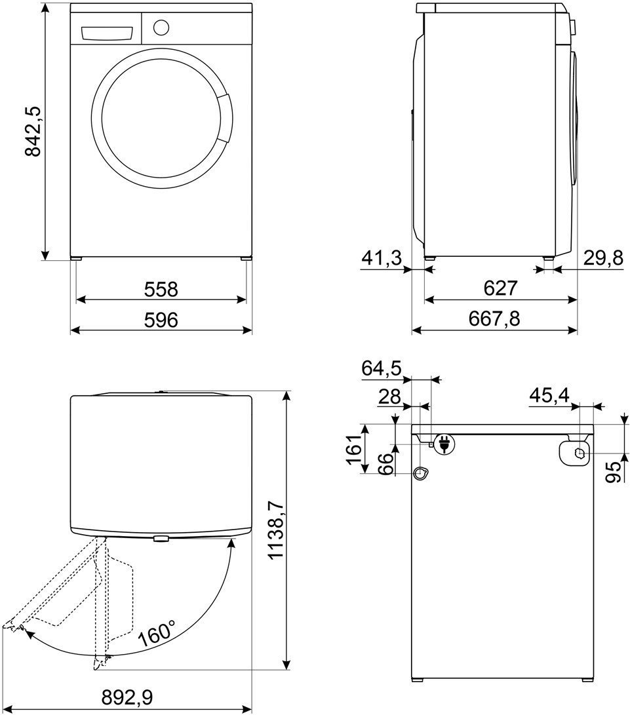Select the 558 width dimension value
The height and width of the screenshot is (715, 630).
coord(161,289)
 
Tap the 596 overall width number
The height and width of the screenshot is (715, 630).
coord(161,320)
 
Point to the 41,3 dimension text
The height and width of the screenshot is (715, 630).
coord(382,259)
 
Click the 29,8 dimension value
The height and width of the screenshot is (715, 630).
coord(603,259)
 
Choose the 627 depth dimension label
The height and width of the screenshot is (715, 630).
coord(500,288)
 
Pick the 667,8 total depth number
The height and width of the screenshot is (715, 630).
coord(494,319)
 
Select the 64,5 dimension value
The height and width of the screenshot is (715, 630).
coord(382,368)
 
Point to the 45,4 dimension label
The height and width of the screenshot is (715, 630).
coord(549,395)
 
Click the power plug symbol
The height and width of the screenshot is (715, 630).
coord(443,443)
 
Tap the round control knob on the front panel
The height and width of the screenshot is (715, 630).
coord(161,28)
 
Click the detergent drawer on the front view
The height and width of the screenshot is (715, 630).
coord(107,33)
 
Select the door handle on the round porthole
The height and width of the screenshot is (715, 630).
coord(224,118)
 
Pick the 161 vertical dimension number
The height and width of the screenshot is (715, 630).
coord(355,450)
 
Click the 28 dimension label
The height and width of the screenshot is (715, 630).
coord(389,396)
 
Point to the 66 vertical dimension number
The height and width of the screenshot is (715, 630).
coord(387,464)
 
